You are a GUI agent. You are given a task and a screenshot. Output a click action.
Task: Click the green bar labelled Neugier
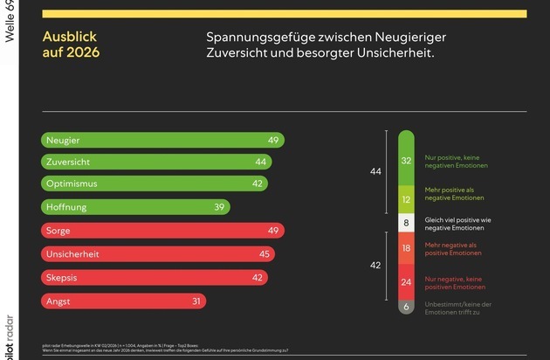tap(162, 140)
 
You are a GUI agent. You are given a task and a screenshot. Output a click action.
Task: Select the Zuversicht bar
tap(156, 162)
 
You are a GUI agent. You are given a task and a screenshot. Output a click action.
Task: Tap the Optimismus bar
tap(154, 184)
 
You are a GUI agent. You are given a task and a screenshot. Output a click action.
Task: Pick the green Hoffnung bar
tap(135, 207)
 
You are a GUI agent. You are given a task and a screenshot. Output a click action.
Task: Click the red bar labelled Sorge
tap(162, 231)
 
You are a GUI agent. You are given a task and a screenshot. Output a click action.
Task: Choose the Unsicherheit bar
tap(158, 254)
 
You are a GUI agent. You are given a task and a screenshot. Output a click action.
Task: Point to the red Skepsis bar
tap(154, 277)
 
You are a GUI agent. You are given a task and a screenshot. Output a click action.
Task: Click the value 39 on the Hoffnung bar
tap(220, 207)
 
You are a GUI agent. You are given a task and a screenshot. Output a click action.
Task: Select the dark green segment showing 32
tap(406, 160)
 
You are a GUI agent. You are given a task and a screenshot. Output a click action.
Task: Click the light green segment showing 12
tap(406, 198)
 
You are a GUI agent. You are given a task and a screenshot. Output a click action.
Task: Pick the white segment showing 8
tap(406, 223)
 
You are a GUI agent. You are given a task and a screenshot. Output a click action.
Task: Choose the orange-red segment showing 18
tap(406, 249)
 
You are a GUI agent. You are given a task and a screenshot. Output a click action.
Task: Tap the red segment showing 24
tap(406, 282)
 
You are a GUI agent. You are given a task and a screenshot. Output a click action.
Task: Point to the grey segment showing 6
tap(406, 307)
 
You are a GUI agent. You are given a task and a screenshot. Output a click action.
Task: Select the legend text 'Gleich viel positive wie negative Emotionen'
tap(470, 224)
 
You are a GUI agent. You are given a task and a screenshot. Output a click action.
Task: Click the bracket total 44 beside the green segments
tap(376, 172)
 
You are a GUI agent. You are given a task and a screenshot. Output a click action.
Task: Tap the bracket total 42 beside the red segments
tap(376, 265)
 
